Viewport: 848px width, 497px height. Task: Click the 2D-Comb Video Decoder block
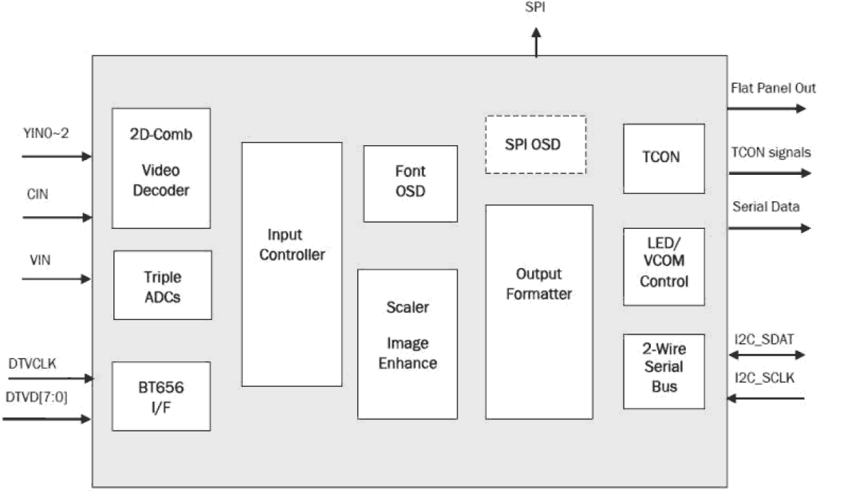click(161, 168)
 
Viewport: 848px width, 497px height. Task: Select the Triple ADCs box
click(162, 285)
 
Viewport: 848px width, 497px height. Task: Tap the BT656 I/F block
click(161, 396)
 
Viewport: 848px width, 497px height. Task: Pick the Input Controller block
click(292, 264)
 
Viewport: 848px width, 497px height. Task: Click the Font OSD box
click(410, 183)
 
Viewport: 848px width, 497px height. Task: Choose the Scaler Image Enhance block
click(407, 344)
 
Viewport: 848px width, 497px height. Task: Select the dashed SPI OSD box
click(535, 145)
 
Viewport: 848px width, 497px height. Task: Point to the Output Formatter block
click(539, 311)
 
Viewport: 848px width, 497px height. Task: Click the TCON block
click(663, 158)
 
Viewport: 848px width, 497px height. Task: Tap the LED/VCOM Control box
click(663, 266)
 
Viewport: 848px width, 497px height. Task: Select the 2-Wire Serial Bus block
click(663, 371)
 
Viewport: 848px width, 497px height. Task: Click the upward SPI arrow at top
click(536, 42)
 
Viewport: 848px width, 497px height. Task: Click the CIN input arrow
click(57, 217)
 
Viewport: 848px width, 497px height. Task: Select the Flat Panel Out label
click(773, 88)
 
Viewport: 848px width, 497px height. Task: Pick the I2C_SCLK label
click(764, 378)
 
